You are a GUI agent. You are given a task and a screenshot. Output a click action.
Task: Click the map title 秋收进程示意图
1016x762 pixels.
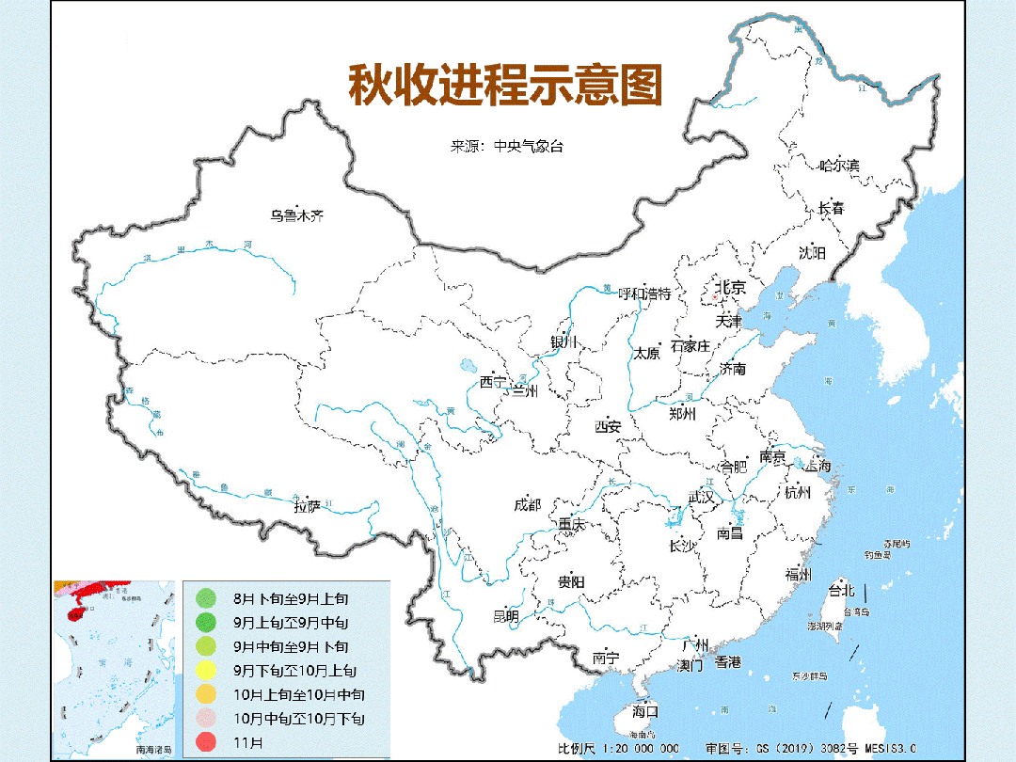[506, 86]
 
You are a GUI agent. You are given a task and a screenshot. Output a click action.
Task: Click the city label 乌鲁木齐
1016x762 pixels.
[296, 215]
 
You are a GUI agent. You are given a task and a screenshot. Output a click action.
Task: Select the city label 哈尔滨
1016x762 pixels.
[838, 166]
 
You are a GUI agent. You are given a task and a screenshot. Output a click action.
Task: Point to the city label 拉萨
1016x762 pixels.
[307, 506]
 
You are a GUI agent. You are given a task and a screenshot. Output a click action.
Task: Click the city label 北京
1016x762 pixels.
[731, 287]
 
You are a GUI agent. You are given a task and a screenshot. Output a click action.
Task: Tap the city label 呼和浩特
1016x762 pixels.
[644, 294]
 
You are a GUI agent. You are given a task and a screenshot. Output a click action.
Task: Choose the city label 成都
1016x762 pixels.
[528, 504]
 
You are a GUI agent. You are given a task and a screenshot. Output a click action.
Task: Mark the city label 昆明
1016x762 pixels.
[505, 616]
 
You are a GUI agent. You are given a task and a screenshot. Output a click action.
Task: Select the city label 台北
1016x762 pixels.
[840, 591]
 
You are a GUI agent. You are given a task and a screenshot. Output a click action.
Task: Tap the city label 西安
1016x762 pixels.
[608, 426]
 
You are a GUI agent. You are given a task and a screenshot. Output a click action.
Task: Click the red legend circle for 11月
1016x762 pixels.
[205, 742]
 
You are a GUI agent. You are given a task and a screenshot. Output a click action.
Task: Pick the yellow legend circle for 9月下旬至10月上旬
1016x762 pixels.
[205, 670]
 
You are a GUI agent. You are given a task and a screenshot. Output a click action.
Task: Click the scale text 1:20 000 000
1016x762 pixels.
[630, 748]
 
